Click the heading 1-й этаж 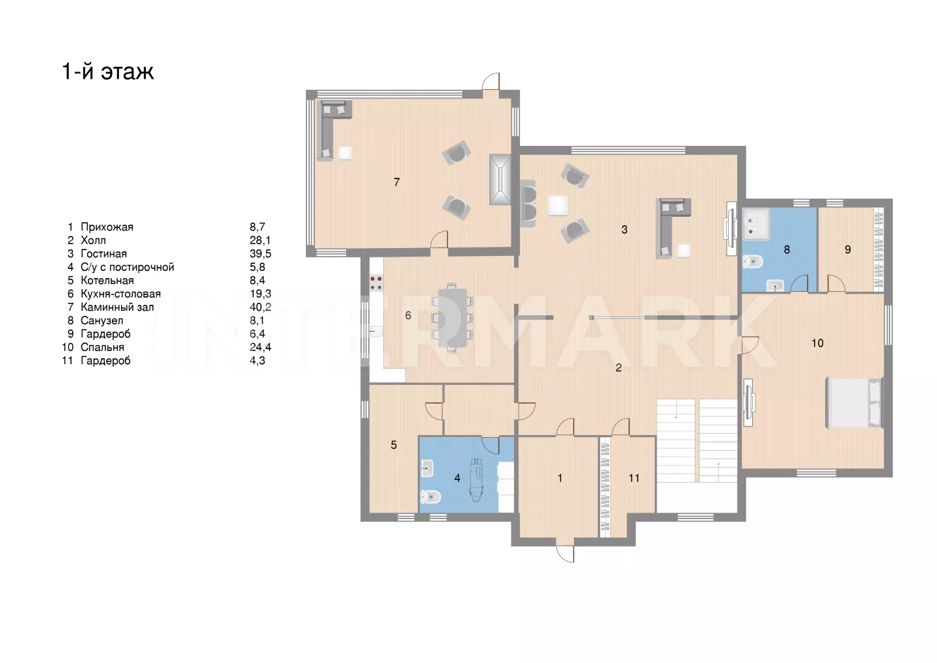point(108,71)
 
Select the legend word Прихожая point(107,227)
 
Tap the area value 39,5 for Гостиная point(260,254)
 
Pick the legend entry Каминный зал point(117,307)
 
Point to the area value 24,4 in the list point(260,347)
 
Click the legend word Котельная point(107,281)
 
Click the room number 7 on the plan point(396,182)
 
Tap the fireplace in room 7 point(500,180)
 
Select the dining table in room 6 point(452,318)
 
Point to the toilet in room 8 point(753,262)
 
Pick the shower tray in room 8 point(756,224)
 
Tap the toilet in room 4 point(431,497)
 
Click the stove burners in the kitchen point(376,283)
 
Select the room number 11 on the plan point(634,478)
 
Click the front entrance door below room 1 point(565,554)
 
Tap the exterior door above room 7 point(491,81)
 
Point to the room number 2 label point(619,367)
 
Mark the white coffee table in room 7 point(345,153)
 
